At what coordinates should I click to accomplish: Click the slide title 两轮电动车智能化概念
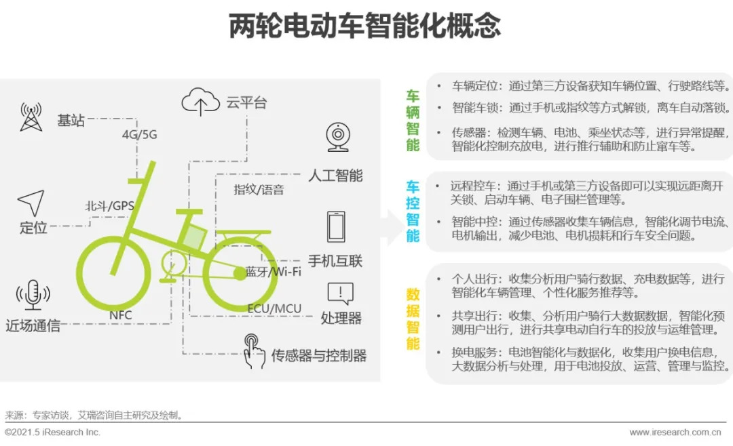click(365, 26)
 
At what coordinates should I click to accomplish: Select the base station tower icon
click(31, 117)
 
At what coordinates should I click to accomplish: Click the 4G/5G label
click(139, 134)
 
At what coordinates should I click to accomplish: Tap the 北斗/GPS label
click(109, 206)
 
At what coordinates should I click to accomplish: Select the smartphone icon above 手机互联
click(337, 226)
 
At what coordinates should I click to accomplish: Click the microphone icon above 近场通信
click(33, 295)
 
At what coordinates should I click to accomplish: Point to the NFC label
click(120, 315)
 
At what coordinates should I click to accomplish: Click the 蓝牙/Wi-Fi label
click(273, 272)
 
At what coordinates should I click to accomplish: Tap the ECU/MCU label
click(274, 309)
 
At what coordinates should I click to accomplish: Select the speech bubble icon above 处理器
click(339, 293)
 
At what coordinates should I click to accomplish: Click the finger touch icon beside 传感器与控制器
click(254, 350)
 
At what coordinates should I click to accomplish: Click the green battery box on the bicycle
click(194, 237)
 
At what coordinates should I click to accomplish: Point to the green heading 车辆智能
click(413, 120)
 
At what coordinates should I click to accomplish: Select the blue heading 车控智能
click(413, 211)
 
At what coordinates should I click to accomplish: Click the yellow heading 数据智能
click(413, 319)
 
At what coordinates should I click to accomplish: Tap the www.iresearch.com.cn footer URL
click(675, 432)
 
